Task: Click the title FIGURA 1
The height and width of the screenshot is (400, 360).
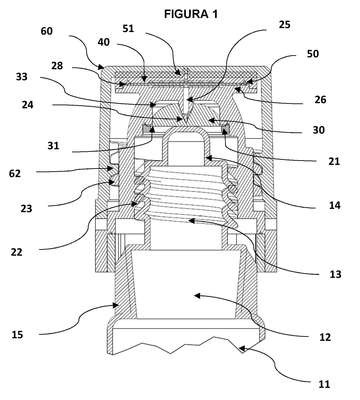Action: (191, 13)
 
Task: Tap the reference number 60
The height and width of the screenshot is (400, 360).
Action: (46, 31)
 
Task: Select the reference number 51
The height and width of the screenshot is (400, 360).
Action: (128, 29)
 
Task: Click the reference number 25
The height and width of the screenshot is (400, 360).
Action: (284, 25)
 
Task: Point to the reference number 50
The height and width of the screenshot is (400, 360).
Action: (313, 53)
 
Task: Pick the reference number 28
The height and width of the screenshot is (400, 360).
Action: (57, 66)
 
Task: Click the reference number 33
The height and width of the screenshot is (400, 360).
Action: (22, 77)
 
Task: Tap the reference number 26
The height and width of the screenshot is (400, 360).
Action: (319, 99)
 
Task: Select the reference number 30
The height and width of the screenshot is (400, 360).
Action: (318, 130)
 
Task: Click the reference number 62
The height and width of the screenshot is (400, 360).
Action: (15, 173)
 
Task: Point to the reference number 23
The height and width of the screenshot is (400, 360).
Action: (26, 208)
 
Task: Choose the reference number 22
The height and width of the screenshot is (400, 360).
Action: (16, 252)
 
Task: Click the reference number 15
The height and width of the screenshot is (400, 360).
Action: (17, 334)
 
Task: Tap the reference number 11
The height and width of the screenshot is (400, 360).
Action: (324, 384)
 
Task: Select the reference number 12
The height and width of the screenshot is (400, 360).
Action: (325, 337)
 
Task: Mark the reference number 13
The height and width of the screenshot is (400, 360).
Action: (335, 274)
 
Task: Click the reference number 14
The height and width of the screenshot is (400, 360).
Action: (334, 205)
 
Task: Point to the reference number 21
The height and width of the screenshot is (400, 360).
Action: (334, 161)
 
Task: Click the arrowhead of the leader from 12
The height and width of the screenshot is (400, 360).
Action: (197, 295)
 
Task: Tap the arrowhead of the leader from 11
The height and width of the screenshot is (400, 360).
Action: (242, 349)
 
